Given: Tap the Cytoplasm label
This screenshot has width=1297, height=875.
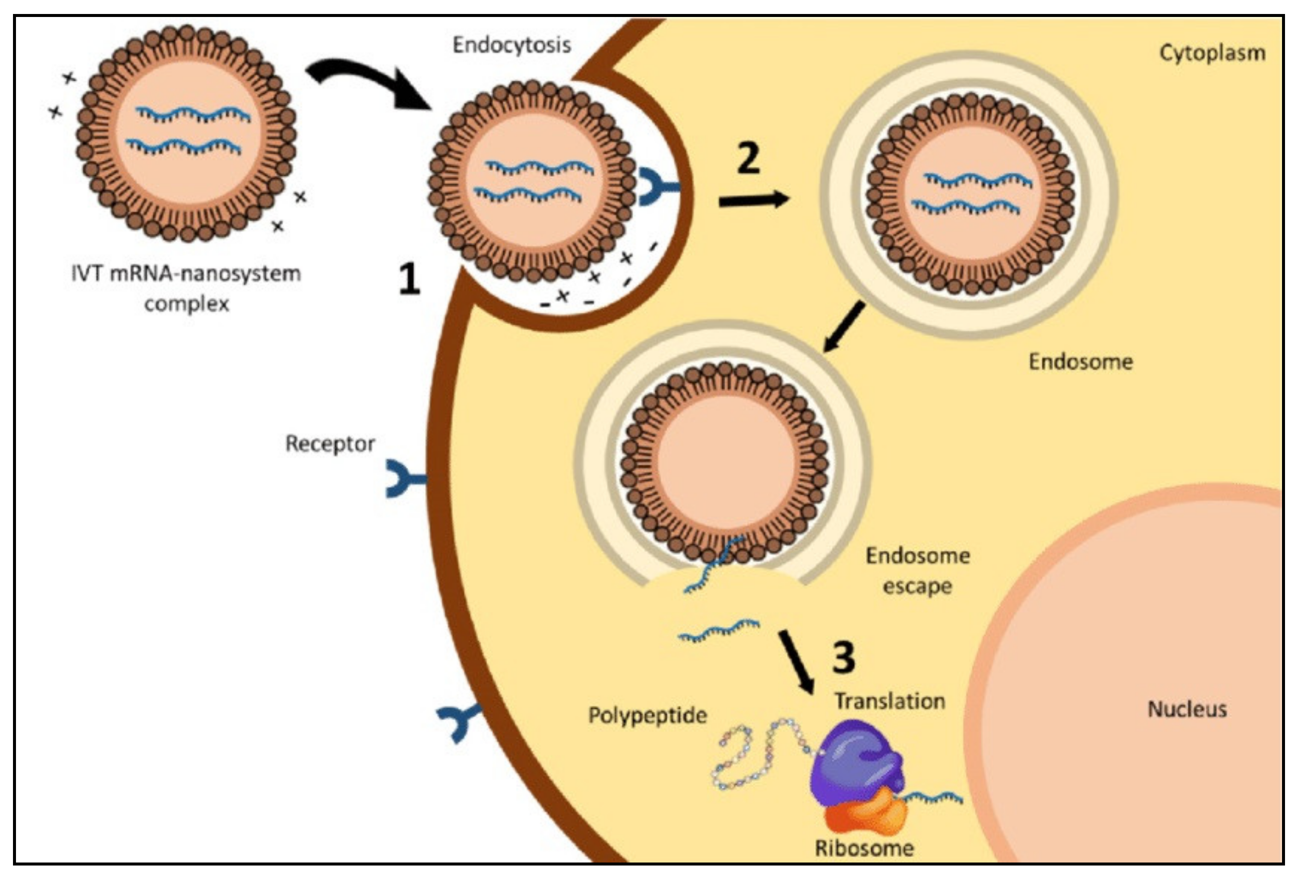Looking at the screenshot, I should (x=1212, y=53).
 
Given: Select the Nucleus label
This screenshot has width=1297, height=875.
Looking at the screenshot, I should (x=1187, y=709).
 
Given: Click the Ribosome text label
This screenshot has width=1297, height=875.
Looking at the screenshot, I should (x=864, y=848).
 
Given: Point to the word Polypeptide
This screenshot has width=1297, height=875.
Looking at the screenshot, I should (x=648, y=715).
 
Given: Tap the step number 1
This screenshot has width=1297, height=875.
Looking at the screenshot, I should (x=409, y=279).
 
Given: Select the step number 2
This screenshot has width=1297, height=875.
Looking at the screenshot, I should (x=748, y=158).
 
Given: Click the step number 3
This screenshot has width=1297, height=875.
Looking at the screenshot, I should (x=843, y=657).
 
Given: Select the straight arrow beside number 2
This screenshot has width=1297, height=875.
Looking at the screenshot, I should (x=753, y=200).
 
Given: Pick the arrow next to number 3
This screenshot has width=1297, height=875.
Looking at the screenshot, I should (x=796, y=662).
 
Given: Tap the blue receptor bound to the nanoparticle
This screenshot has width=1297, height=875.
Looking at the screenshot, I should (x=657, y=187).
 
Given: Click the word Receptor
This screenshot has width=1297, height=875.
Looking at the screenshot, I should (x=330, y=444).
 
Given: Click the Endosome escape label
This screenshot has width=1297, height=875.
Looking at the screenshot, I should (x=917, y=570).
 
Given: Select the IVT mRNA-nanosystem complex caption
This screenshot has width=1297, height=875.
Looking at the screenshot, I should (x=186, y=289).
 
